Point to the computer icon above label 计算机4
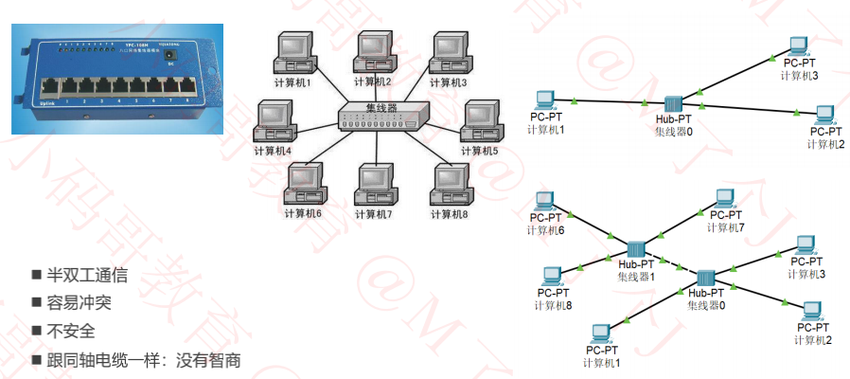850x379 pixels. pos(276,120)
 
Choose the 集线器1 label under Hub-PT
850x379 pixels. pos(636,277)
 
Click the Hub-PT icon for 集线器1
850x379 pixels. pos(635,248)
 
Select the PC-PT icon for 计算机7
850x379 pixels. pos(724,199)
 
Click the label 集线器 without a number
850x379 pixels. pos(381,107)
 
